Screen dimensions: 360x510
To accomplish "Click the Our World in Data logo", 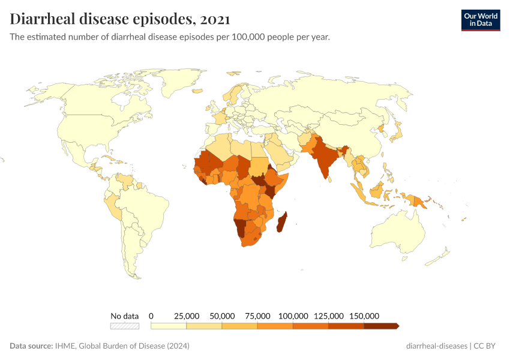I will [480, 19].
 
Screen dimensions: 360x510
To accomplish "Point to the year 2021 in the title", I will [214, 19].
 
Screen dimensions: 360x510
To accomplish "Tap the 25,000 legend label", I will [187, 316].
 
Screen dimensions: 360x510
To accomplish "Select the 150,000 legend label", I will [364, 316].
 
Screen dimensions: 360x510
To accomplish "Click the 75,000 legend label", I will [257, 316].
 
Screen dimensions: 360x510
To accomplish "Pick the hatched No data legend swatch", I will [124, 326].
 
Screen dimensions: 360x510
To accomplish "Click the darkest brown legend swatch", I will [381, 326].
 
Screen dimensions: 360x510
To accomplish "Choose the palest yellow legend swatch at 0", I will [169, 326].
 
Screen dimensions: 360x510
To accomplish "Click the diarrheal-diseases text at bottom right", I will [437, 346].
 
